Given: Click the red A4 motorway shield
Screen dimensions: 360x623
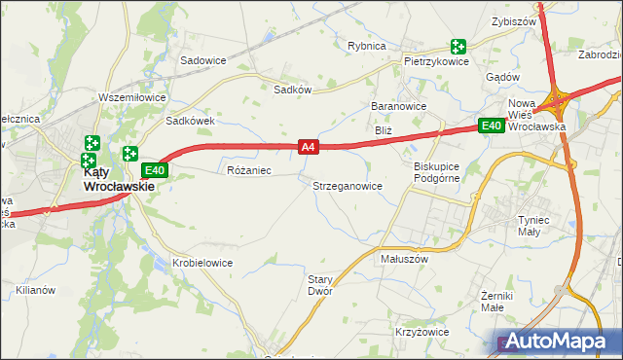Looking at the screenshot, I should [308, 147].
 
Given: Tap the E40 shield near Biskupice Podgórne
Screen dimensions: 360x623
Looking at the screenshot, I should [491, 126].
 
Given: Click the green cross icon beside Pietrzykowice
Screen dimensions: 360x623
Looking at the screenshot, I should [458, 46].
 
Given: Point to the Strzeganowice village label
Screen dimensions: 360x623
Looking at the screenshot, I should [348, 185].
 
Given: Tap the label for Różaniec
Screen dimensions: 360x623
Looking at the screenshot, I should [248, 170].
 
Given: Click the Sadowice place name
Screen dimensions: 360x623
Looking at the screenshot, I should [202, 59].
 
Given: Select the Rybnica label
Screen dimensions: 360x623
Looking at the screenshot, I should [367, 46].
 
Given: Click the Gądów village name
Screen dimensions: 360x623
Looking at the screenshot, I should [501, 77].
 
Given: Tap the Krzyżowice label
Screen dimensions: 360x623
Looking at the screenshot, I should [422, 332].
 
